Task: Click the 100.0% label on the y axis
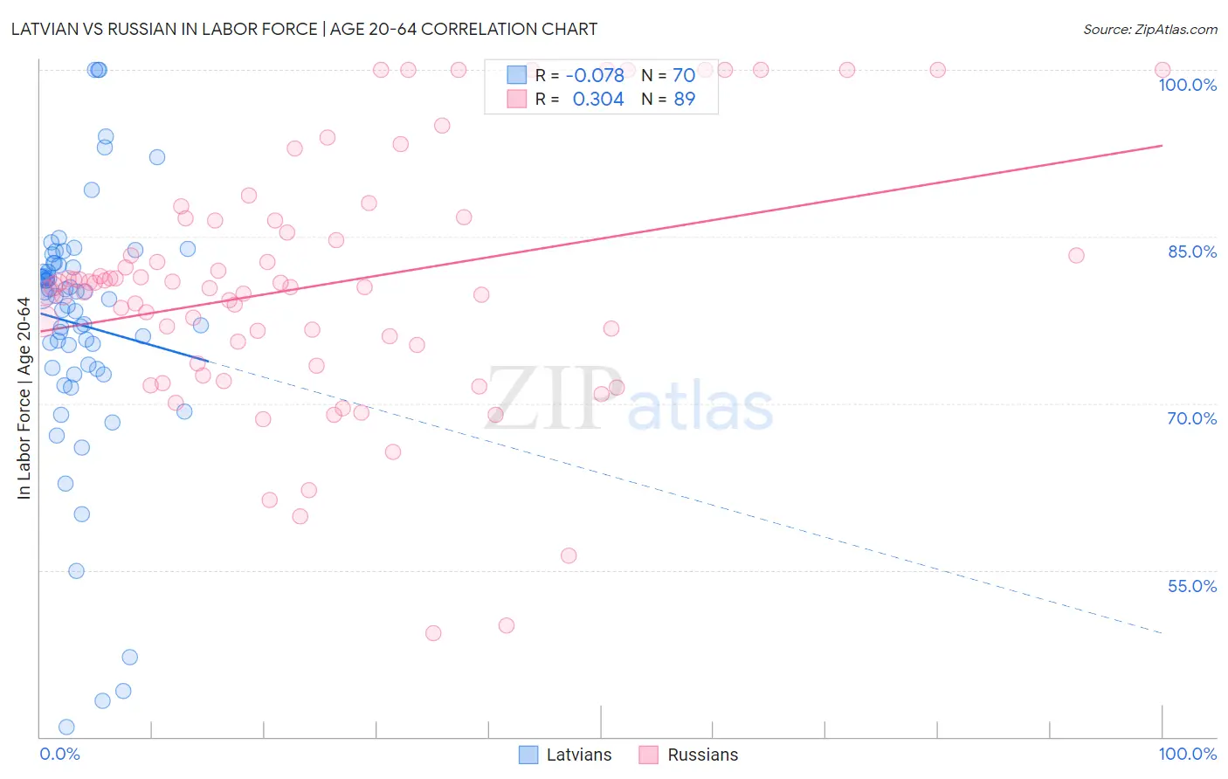(1187, 85)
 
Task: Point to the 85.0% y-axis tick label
(1192, 252)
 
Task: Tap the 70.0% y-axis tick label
(1192, 418)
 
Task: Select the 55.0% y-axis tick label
(1192, 586)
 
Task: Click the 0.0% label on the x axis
(59, 754)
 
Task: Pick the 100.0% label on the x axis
(1187, 754)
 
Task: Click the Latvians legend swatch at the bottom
(528, 755)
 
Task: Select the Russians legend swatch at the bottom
(648, 755)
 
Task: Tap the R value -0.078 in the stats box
(595, 75)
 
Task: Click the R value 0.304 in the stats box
(598, 100)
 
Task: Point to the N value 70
(684, 75)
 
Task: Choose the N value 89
(684, 100)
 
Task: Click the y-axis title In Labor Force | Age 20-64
(24, 398)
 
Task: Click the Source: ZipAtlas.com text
(1149, 30)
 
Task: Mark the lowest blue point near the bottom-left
(66, 727)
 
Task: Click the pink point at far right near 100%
(1162, 70)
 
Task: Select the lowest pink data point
(433, 633)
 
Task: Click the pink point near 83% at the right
(1076, 255)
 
